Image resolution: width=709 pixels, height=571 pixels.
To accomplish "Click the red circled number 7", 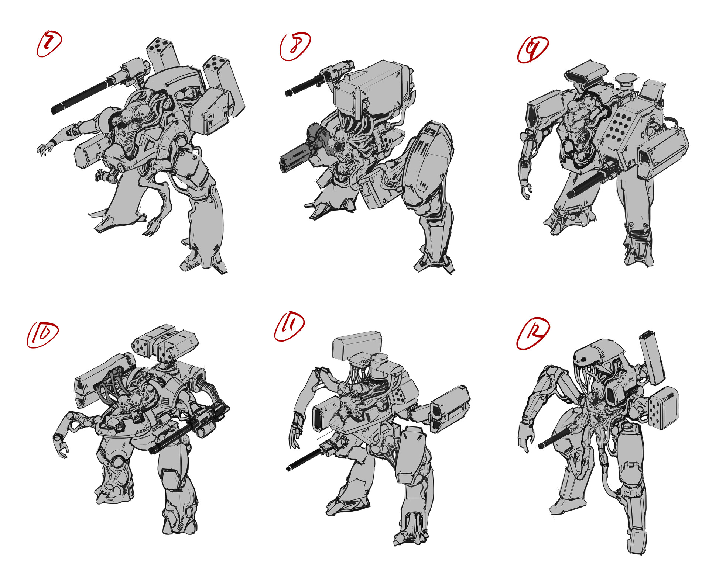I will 49,44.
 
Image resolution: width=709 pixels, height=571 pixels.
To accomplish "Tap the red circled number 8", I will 294,47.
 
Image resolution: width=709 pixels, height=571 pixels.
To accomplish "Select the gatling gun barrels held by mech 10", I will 177,435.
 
